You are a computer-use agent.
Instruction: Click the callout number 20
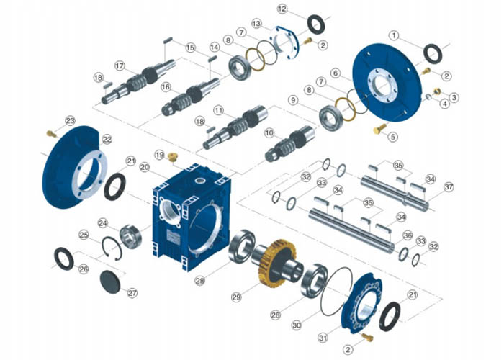tap(145, 168)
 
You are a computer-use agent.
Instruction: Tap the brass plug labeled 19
tap(174, 157)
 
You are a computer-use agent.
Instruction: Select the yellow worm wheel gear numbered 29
tap(277, 263)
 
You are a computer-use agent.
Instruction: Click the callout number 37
tap(449, 186)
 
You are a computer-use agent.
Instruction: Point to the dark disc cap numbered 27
tap(110, 282)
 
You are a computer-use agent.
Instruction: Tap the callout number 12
tap(282, 9)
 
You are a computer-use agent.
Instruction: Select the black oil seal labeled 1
tap(433, 54)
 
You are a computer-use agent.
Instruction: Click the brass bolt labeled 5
tap(380, 129)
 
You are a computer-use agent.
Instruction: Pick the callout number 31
tap(323, 338)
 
